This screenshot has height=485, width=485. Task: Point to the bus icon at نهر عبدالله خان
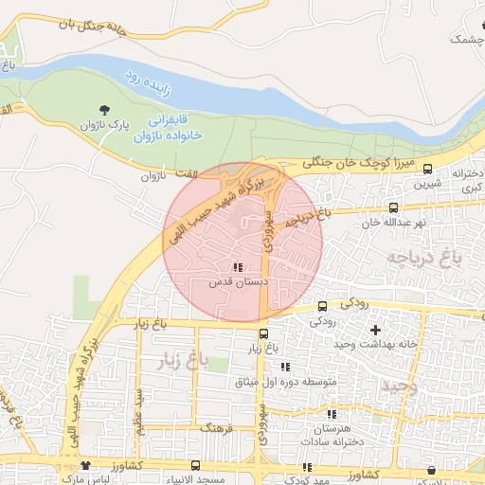[393, 207]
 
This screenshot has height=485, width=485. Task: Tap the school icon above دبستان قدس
[237, 267]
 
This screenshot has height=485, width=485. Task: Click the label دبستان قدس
[237, 282]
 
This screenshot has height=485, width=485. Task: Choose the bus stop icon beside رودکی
[323, 306]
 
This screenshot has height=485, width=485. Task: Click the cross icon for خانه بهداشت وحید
[376, 330]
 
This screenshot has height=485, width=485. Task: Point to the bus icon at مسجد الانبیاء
[195, 465]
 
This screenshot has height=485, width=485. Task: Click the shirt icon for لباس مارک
[86, 465]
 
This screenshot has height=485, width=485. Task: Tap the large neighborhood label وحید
[400, 386]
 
